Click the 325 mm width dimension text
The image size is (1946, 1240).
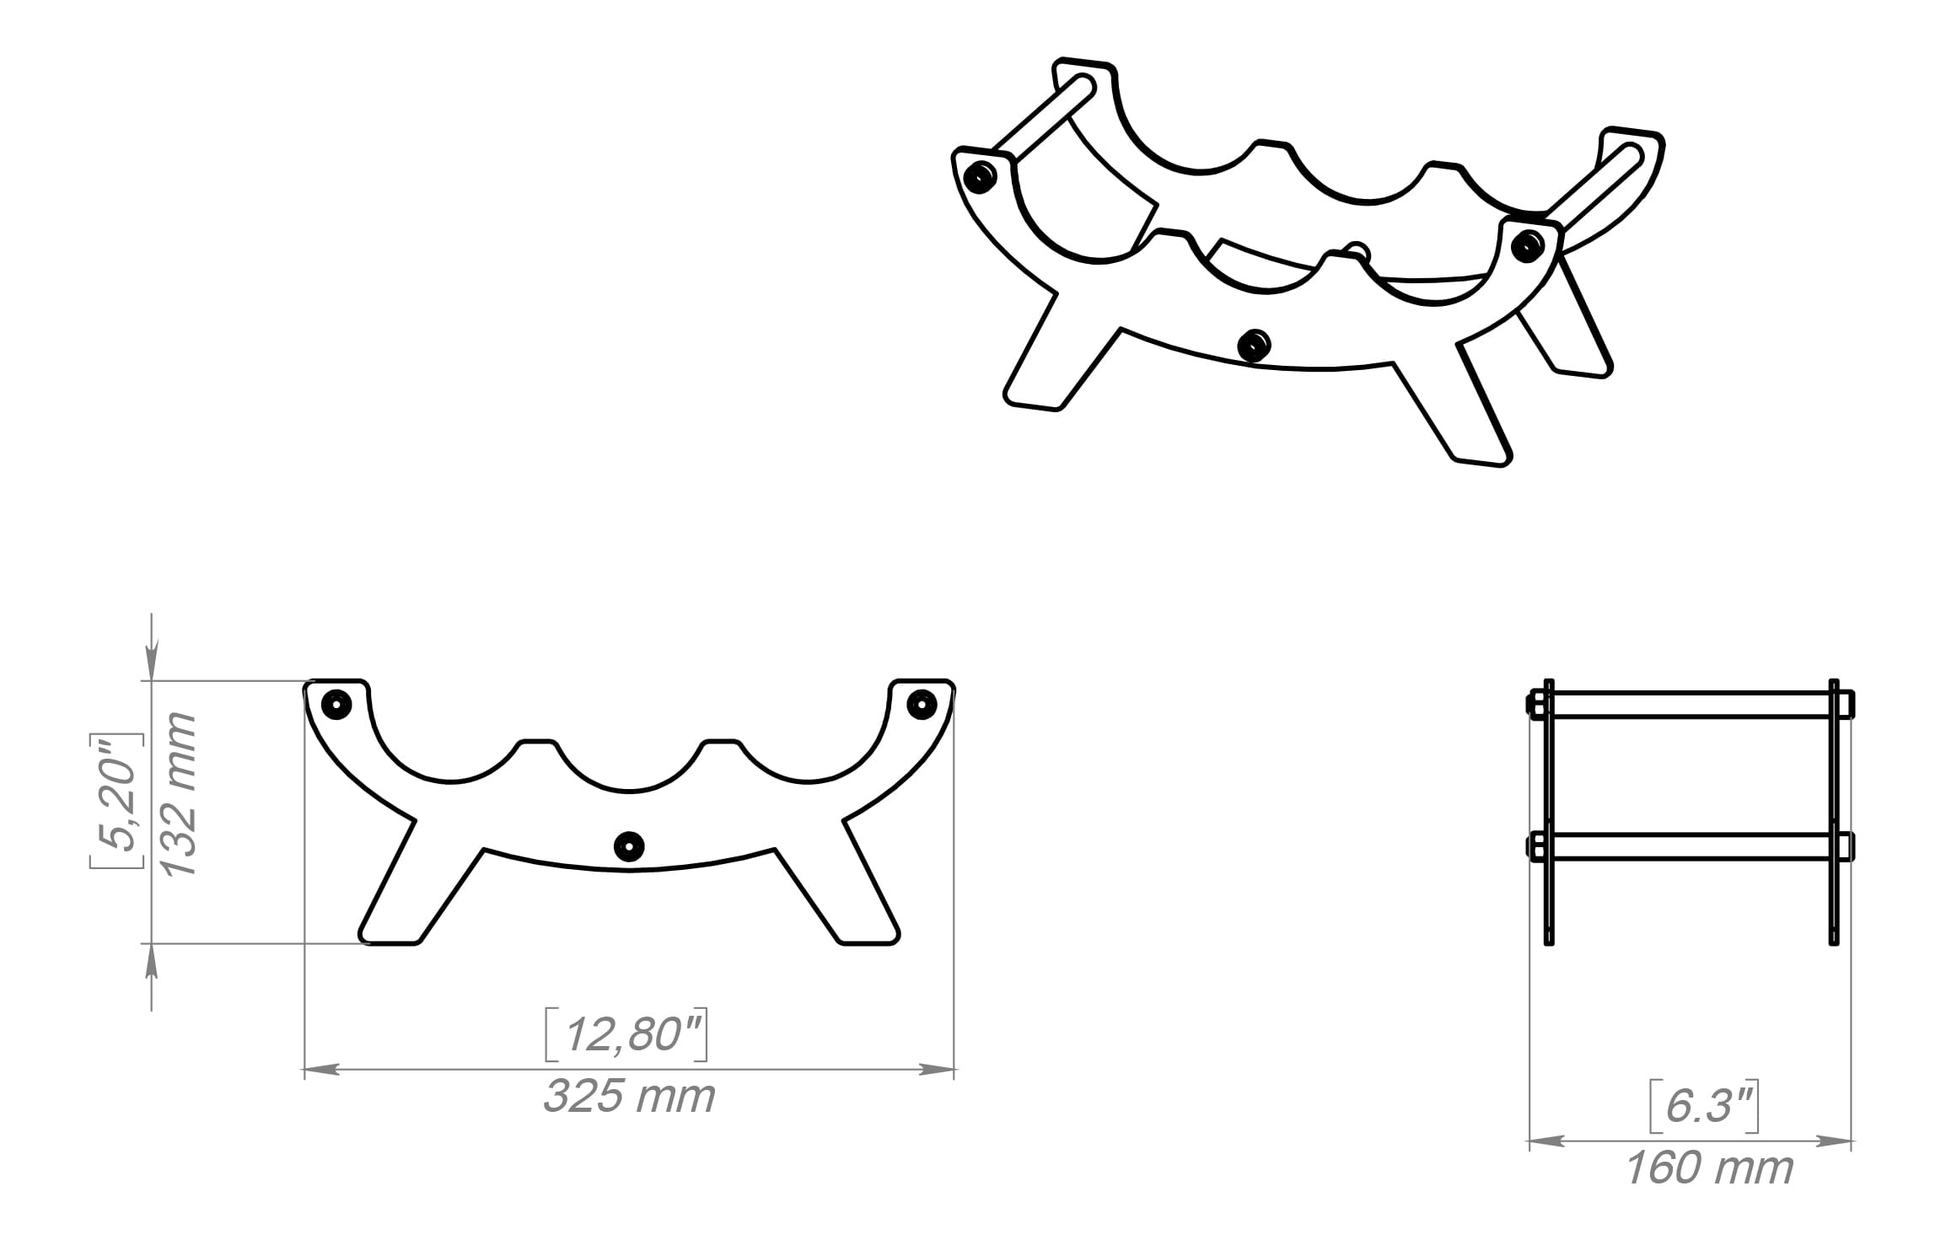pyautogui.click(x=629, y=1097)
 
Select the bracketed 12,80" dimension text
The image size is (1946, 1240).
pyautogui.click(x=626, y=1034)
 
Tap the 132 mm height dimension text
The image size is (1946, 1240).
pyautogui.click(x=180, y=794)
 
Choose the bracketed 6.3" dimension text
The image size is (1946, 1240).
pyautogui.click(x=1704, y=1106)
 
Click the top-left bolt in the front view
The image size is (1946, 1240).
pyautogui.click(x=336, y=704)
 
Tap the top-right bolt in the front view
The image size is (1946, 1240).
pyautogui.click(x=922, y=704)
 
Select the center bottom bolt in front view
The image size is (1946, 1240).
pyautogui.click(x=629, y=845)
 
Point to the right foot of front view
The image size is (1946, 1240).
pyautogui.click(x=868, y=931)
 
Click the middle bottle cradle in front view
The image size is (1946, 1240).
pyautogui.click(x=629, y=771)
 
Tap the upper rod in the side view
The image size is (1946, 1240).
pyautogui.click(x=1691, y=704)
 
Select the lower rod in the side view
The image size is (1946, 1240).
pyautogui.click(x=1691, y=846)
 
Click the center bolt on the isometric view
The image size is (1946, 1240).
pyautogui.click(x=1254, y=345)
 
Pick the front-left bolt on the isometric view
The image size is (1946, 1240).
pyautogui.click(x=980, y=176)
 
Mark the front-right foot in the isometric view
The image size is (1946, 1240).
pyautogui.click(x=1480, y=451)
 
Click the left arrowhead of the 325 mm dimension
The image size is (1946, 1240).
pyautogui.click(x=321, y=1070)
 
